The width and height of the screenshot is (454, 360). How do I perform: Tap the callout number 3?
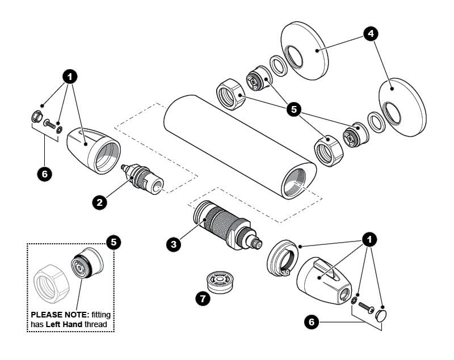pos(174,244)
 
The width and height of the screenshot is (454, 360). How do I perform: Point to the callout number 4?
pos(371,34)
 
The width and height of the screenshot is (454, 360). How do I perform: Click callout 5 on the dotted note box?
pos(113,242)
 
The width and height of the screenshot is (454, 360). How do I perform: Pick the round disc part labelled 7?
pos(221,281)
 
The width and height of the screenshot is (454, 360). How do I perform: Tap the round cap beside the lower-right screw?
pos(381,315)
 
